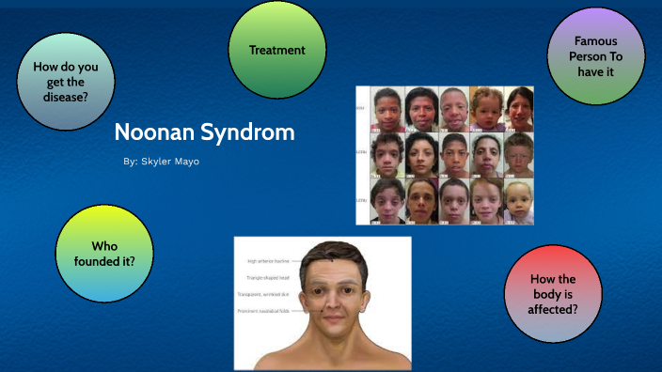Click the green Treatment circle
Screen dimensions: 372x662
click(277, 51)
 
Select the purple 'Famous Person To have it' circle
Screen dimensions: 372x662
click(596, 56)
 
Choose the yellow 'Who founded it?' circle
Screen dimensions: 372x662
click(104, 253)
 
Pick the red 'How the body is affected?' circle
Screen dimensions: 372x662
click(552, 294)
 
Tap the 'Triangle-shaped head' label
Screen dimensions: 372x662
click(268, 278)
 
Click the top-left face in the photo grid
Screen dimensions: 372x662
click(386, 109)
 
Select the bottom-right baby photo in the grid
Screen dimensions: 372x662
click(517, 201)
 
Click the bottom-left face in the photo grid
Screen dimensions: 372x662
click(386, 201)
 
